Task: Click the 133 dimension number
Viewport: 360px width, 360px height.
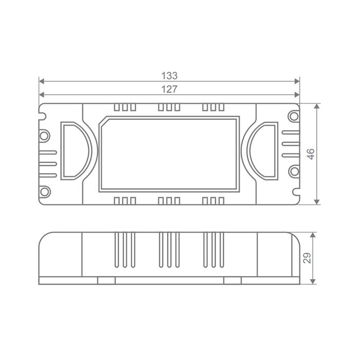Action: coord(169,76)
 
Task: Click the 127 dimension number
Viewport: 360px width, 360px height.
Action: coord(169,89)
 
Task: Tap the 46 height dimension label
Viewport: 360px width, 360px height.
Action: coord(311,154)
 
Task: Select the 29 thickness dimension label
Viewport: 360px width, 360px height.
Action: coord(307,258)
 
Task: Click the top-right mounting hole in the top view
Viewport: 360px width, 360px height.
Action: coord(294,116)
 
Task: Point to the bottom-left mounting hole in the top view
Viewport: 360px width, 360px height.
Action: coord(45,191)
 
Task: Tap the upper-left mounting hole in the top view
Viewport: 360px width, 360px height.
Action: coord(44,136)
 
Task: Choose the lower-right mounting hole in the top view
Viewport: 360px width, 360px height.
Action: coord(294,171)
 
